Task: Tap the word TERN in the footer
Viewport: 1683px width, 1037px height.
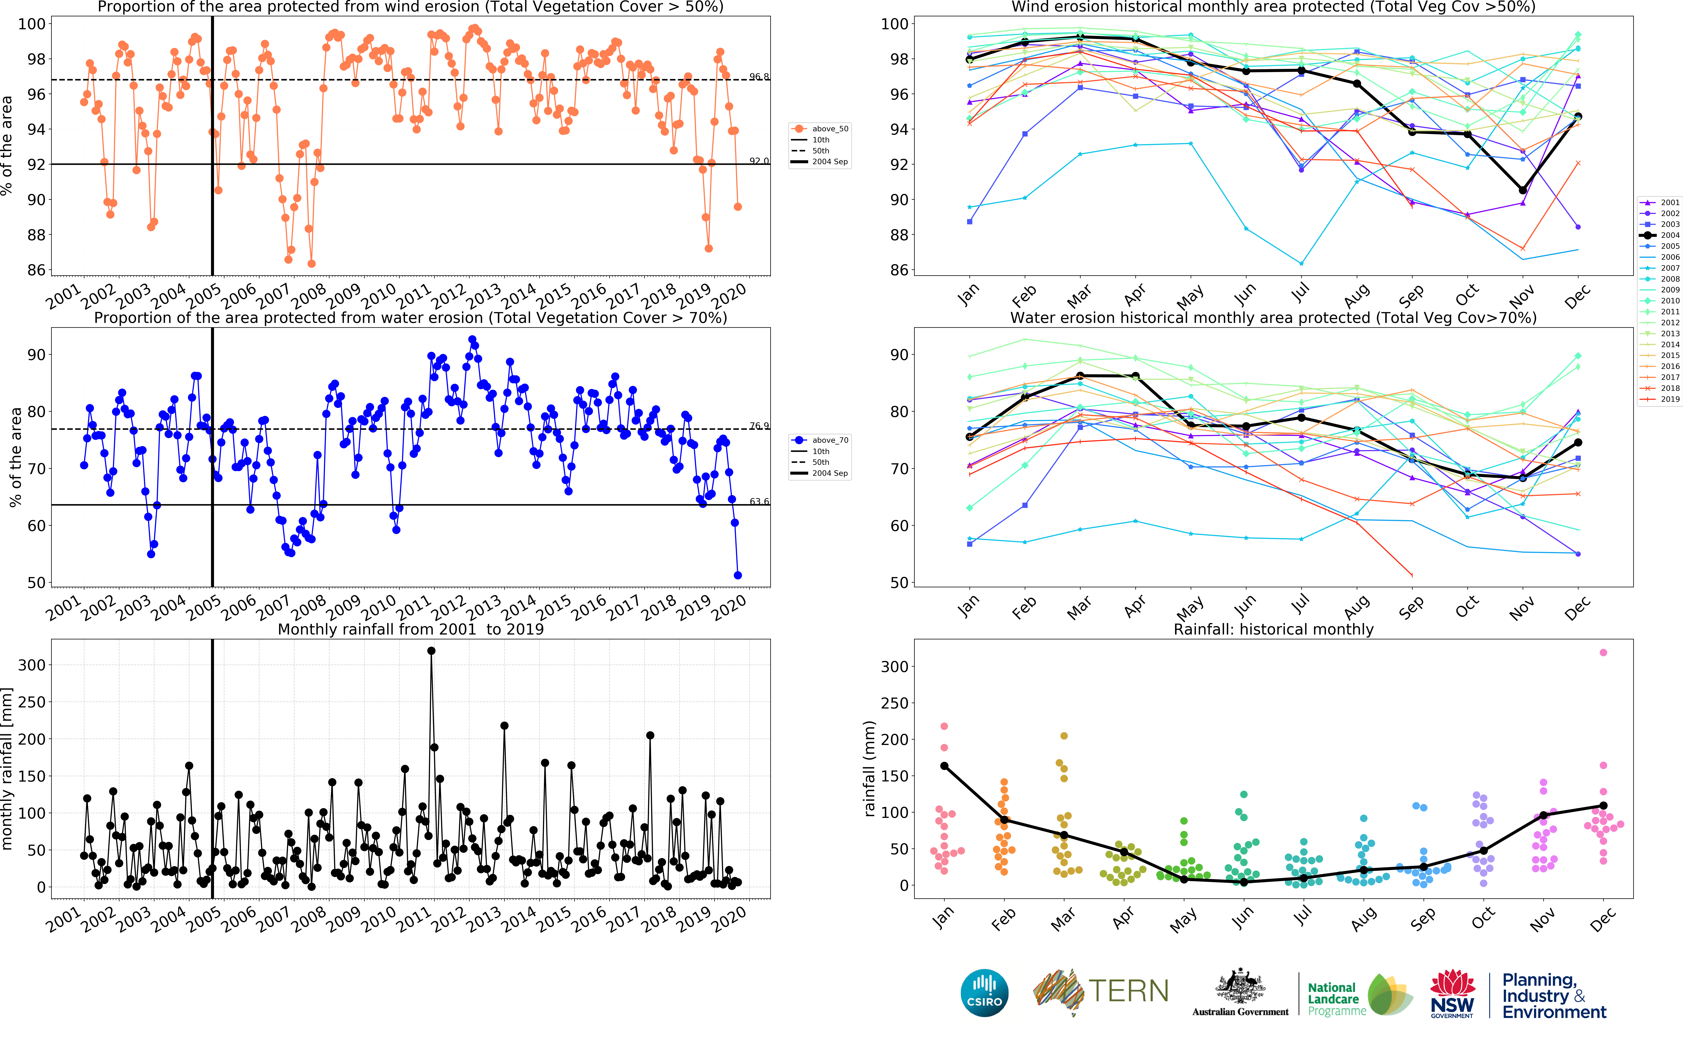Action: (x=1128, y=991)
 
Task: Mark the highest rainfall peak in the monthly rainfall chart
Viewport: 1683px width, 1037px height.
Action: (x=431, y=651)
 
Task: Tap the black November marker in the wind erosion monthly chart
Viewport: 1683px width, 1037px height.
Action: (x=1523, y=190)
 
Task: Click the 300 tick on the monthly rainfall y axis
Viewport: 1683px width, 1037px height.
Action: (x=32, y=665)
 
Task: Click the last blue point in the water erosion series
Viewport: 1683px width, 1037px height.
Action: (x=738, y=575)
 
